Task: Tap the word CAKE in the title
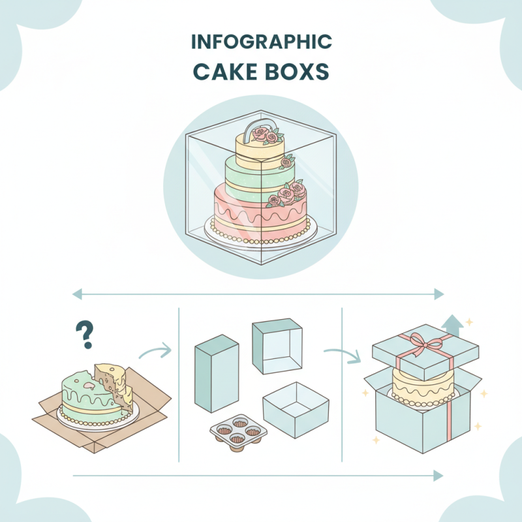pyautogui.click(x=223, y=72)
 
